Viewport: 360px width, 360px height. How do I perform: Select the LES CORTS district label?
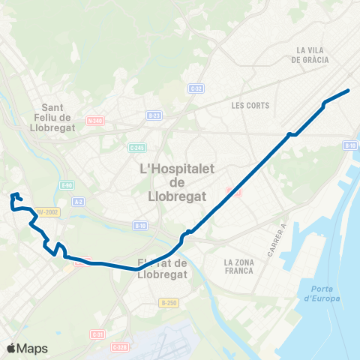tap(250, 105)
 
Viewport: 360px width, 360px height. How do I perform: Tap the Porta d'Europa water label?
tap(322, 294)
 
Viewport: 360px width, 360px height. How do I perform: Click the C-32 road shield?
tap(196, 88)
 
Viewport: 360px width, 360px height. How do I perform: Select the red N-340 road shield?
tap(94, 120)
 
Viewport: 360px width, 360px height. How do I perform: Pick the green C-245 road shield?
tap(136, 147)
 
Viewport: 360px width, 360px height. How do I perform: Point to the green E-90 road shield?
tap(67, 184)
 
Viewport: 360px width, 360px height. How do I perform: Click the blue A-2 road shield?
tap(79, 201)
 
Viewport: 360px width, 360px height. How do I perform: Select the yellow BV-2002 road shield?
tap(48, 211)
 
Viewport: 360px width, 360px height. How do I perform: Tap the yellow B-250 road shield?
tap(168, 302)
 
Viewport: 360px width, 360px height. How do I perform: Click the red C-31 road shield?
tap(97, 334)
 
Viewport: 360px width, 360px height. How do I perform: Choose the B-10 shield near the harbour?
tap(349, 145)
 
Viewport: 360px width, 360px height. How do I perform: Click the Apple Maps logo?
tap(27, 348)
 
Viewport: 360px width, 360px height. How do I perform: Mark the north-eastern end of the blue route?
tap(349, 91)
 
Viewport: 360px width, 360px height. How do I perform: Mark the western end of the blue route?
tap(12, 198)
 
